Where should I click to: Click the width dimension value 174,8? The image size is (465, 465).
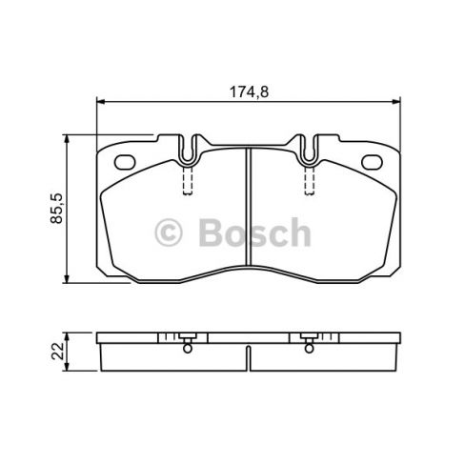(247, 91)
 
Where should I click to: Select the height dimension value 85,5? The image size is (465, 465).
(56, 208)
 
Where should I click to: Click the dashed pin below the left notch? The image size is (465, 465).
(188, 179)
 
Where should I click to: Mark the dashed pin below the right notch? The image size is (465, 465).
(309, 179)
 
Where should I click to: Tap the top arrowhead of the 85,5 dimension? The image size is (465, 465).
(68, 139)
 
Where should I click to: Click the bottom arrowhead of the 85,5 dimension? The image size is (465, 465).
(68, 280)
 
